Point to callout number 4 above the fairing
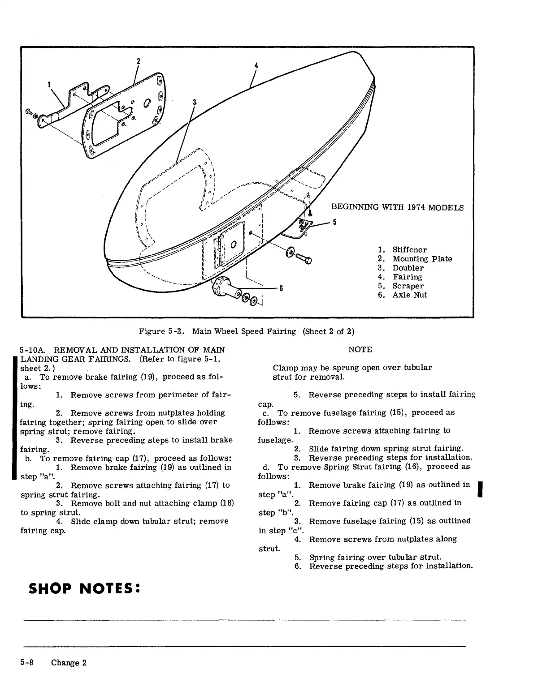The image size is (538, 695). [x=256, y=65]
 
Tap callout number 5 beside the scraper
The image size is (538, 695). [x=334, y=222]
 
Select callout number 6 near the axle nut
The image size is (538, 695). [x=281, y=288]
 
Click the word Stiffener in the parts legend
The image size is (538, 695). [x=409, y=250]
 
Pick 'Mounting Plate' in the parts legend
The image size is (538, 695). [x=422, y=259]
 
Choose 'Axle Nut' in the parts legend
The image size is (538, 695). [x=409, y=295]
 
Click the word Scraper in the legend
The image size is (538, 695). [x=408, y=286]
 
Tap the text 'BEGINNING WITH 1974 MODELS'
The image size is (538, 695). [x=397, y=208]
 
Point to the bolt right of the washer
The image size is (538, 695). [x=307, y=259]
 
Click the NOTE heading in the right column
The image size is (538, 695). [x=360, y=350]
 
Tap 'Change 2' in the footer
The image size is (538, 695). [x=68, y=663]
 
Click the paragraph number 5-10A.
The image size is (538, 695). [x=34, y=350]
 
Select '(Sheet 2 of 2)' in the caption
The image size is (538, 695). [x=329, y=332]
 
